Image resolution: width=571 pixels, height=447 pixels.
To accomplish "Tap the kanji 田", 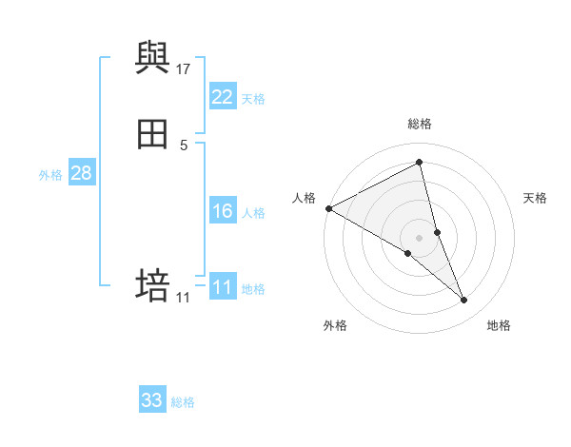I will (x=152, y=135).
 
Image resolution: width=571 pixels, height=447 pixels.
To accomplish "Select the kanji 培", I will (x=152, y=285).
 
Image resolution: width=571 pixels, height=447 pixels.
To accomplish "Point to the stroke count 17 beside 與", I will (x=184, y=69).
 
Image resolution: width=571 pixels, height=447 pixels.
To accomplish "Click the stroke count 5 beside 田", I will (x=184, y=146).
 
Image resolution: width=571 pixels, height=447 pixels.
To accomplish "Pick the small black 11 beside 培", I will (x=184, y=298).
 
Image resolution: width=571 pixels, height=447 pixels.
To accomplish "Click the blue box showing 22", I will (x=223, y=96).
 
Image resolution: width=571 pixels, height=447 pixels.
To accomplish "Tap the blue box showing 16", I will (x=223, y=211).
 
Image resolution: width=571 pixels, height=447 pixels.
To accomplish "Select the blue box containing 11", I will (x=223, y=286).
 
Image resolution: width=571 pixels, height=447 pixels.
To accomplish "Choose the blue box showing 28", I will (x=81, y=173).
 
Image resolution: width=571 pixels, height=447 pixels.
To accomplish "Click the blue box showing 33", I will (x=152, y=400).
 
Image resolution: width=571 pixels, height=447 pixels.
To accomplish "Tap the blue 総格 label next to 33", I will (x=183, y=402).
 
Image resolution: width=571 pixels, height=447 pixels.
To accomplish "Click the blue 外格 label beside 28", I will (x=50, y=175).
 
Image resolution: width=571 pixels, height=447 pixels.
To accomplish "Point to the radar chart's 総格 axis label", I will (x=420, y=124).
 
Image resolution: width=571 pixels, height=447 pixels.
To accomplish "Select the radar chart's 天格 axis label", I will (x=536, y=198).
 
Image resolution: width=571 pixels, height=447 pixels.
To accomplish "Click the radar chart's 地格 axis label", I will (x=499, y=326).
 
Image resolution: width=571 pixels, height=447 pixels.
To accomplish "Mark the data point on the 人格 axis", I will (x=328, y=207).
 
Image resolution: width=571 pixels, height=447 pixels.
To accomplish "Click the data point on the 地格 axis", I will (x=464, y=300).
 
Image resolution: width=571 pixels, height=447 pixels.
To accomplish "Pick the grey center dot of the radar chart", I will (x=420, y=237).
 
